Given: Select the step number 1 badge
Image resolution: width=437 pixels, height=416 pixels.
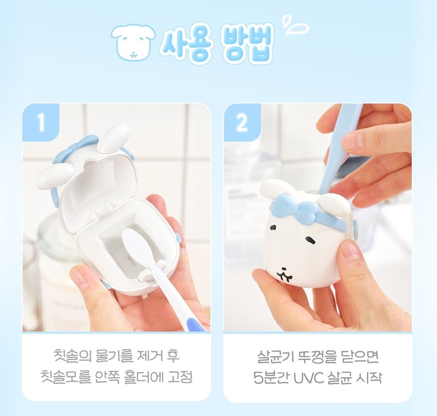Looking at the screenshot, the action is [41, 122].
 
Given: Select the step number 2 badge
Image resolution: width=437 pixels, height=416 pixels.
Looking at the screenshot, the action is [242, 122].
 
